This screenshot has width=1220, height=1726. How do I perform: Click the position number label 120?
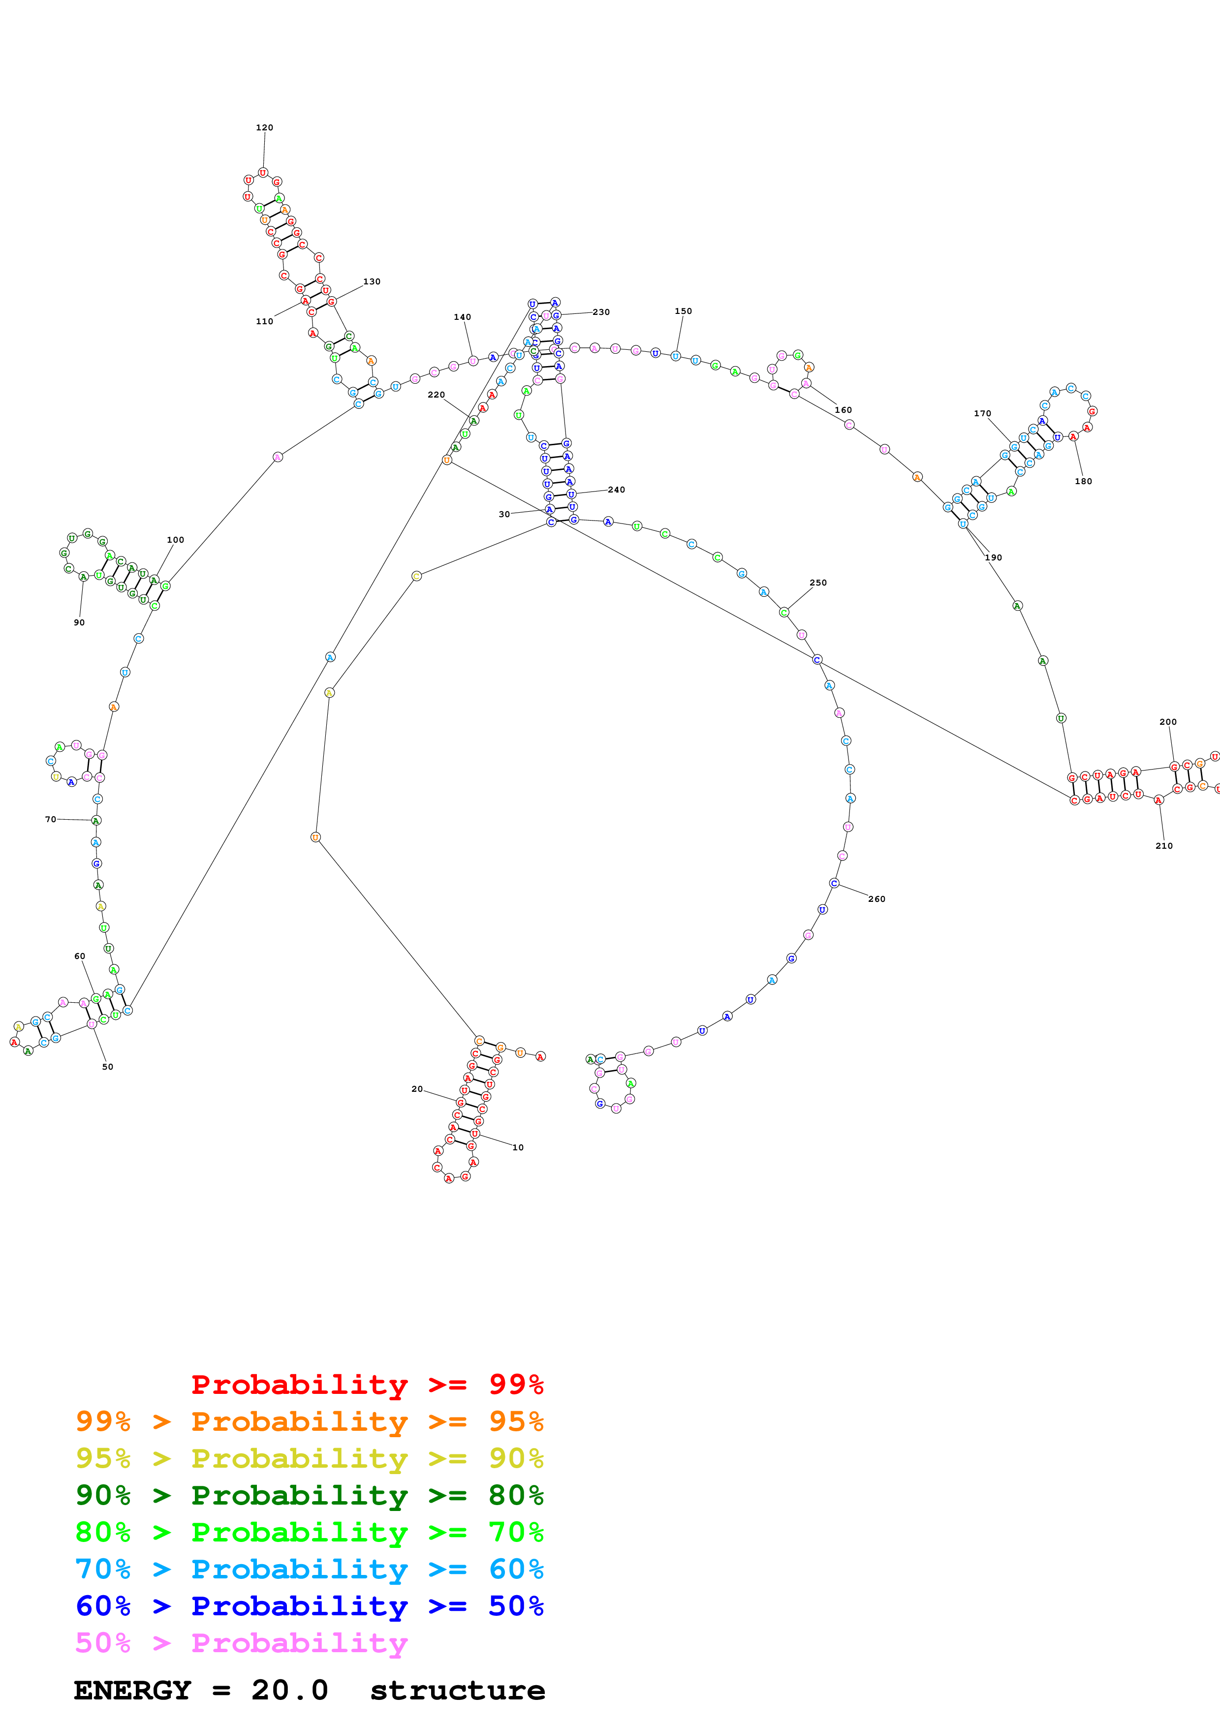(x=265, y=128)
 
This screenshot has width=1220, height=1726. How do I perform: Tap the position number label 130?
(x=372, y=282)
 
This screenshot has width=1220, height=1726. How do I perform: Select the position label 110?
(x=265, y=322)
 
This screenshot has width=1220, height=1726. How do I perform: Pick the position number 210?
(x=1163, y=846)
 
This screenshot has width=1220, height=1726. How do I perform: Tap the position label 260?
(x=876, y=899)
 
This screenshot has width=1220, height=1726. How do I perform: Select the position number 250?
(x=818, y=583)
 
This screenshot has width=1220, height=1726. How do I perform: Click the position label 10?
(x=518, y=1147)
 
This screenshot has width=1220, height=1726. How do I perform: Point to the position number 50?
(x=107, y=1067)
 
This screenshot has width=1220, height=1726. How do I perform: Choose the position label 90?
(x=79, y=622)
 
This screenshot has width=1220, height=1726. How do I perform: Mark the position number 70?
(x=50, y=819)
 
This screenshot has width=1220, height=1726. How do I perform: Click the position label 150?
(x=683, y=311)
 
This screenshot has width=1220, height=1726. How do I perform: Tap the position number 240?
(x=616, y=490)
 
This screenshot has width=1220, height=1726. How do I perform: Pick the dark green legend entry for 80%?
(x=309, y=1495)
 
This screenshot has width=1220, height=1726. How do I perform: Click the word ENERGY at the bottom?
(x=132, y=1691)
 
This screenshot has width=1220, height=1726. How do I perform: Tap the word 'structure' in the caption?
(x=457, y=1691)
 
